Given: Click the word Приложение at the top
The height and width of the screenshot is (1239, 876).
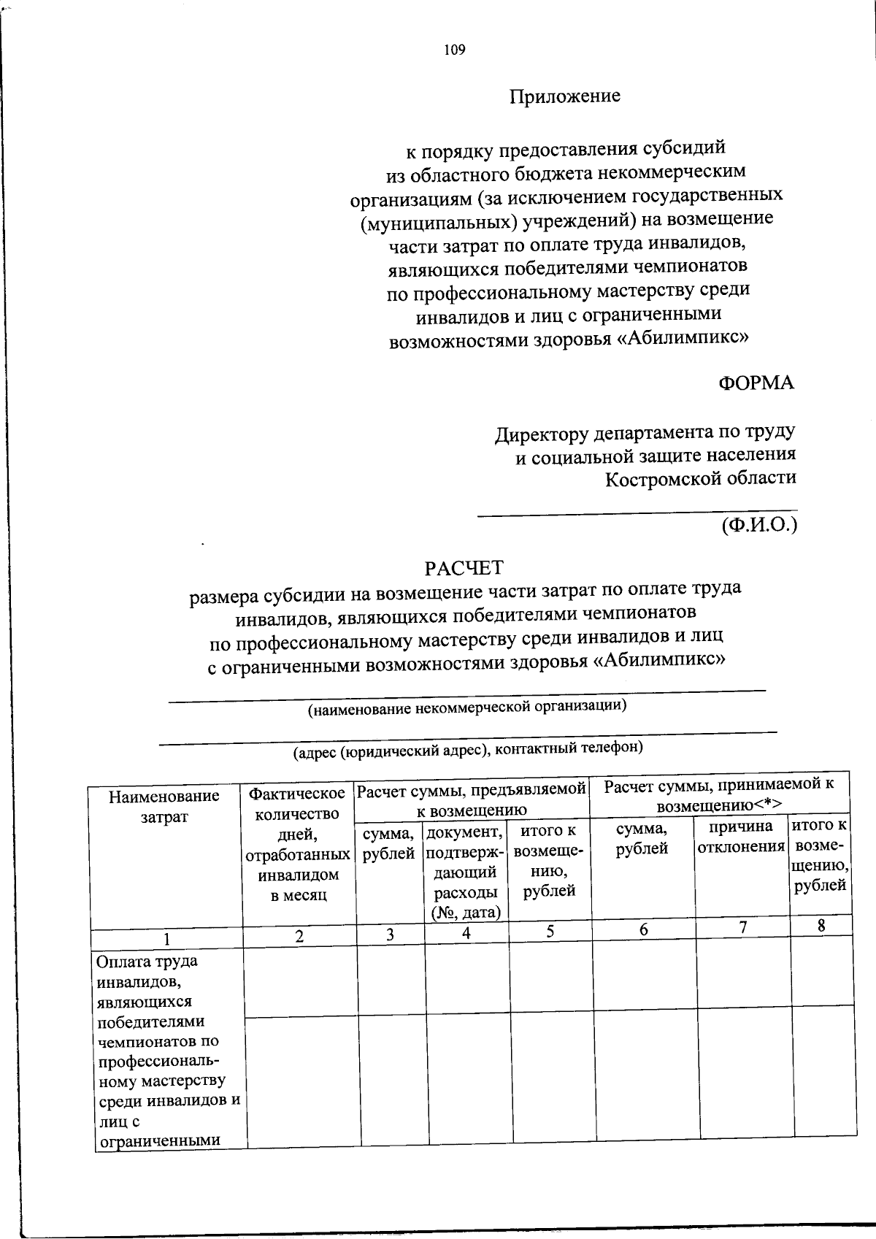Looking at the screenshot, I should pos(564,96).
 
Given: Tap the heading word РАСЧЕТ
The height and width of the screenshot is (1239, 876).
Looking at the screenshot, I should pos(464,567).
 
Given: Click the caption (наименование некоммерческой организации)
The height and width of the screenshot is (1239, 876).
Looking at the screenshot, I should pos(467,707).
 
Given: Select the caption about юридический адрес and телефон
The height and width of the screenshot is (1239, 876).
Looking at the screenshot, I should pos(467,748).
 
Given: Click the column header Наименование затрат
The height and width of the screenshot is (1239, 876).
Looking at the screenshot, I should pos(164,806).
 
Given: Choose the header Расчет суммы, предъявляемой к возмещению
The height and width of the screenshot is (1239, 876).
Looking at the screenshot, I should pos(472,799).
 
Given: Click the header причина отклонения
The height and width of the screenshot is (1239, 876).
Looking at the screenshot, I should pos(741,837).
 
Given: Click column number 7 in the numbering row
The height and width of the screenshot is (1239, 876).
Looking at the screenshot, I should pos(742,927).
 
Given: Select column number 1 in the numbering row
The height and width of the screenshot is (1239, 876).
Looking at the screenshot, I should pos(167,938).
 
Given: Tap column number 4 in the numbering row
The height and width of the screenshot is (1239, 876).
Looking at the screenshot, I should pos(466,932).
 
